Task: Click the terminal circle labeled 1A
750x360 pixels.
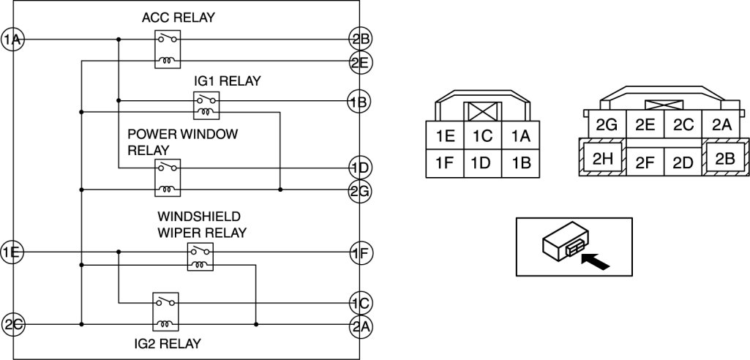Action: tap(12, 40)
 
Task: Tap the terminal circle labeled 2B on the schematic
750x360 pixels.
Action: tap(359, 40)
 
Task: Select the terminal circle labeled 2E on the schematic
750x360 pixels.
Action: tap(359, 62)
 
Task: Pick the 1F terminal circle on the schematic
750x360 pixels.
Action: tap(359, 253)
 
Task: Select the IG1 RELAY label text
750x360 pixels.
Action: tap(228, 80)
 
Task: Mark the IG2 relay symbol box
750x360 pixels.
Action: tap(165, 312)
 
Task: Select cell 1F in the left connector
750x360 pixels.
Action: tap(444, 163)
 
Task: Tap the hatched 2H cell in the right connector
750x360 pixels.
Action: tap(602, 158)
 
